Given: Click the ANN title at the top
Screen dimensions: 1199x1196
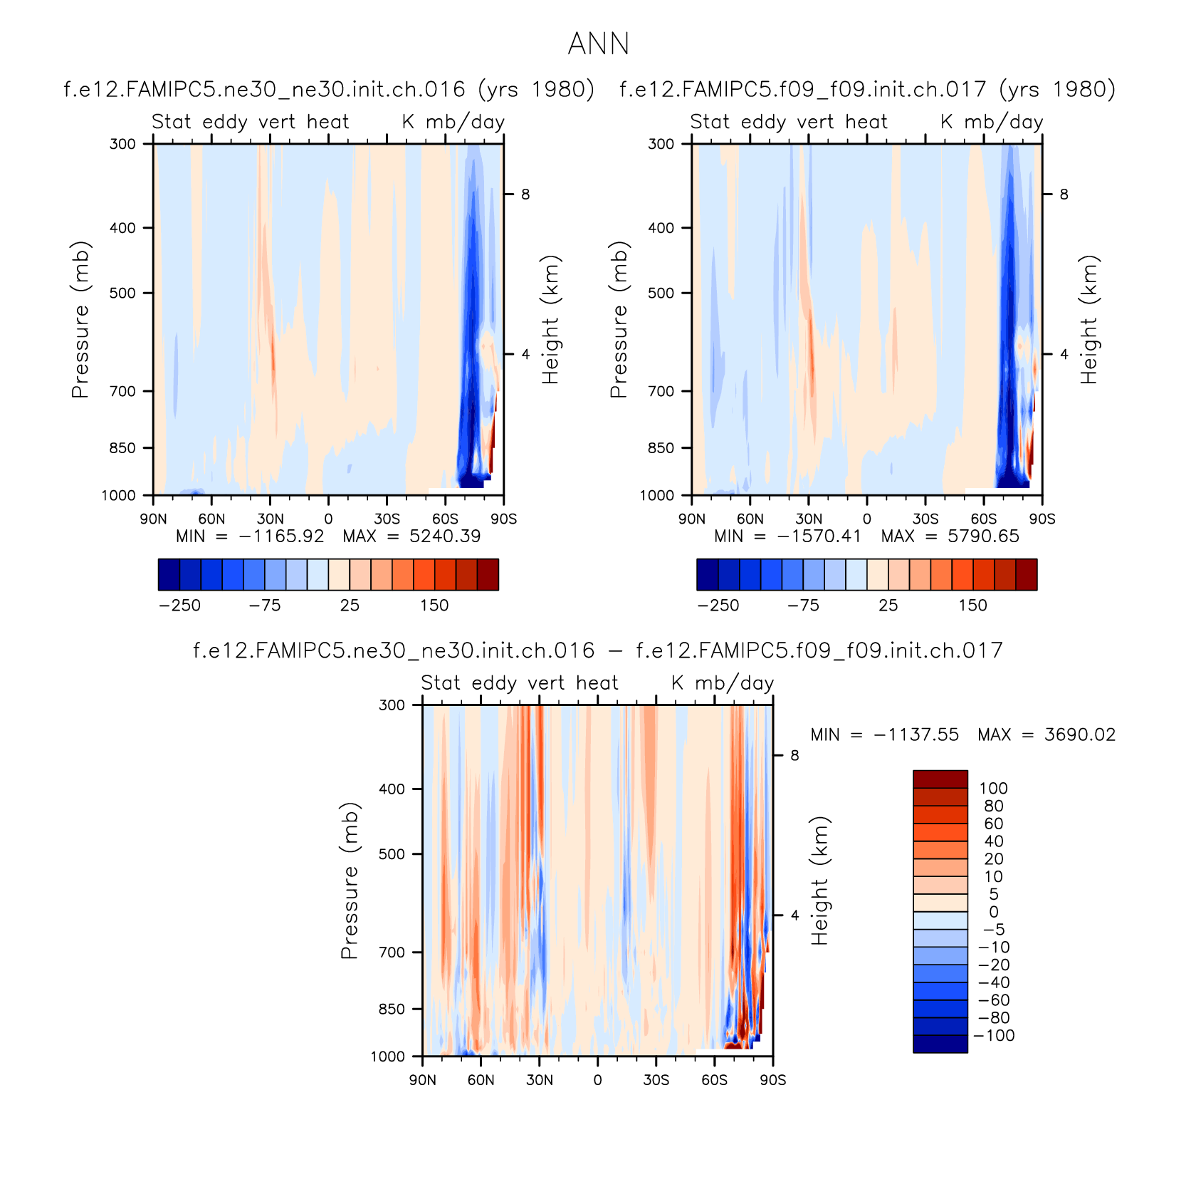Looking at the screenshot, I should pyautogui.click(x=598, y=44).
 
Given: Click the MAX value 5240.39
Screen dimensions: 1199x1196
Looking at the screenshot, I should pyautogui.click(x=445, y=536).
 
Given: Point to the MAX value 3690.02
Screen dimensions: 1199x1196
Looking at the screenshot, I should pyautogui.click(x=1080, y=735).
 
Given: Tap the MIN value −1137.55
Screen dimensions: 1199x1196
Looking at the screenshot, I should pyautogui.click(x=916, y=735).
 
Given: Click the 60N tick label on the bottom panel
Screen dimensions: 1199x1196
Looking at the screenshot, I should pyautogui.click(x=481, y=1080).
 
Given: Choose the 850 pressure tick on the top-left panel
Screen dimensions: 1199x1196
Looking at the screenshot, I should pyautogui.click(x=122, y=448).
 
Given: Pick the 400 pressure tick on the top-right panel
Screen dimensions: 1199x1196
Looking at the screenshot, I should pyautogui.click(x=661, y=228).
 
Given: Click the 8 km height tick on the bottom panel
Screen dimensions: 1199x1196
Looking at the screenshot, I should pyautogui.click(x=794, y=755).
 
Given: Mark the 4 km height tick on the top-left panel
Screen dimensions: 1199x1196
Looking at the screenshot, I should pyautogui.click(x=525, y=354).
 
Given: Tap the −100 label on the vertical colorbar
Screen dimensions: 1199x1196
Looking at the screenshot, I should pyautogui.click(x=994, y=1036).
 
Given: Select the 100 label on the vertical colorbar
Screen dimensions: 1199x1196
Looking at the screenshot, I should pyautogui.click(x=993, y=789).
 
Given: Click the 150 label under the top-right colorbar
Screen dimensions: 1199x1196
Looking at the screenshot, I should pyautogui.click(x=972, y=606).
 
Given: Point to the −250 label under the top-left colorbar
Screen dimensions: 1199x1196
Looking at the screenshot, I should pyautogui.click(x=179, y=606).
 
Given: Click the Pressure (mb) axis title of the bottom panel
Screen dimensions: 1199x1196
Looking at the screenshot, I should pyautogui.click(x=350, y=881).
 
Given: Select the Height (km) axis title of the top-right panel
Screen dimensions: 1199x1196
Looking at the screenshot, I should pyautogui.click(x=1089, y=319).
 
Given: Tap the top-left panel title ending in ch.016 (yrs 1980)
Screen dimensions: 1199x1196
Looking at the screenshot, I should pyautogui.click(x=329, y=90).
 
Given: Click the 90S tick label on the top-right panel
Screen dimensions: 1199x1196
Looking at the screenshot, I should pyautogui.click(x=1042, y=519).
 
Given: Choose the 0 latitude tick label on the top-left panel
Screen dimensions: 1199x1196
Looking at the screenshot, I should pyautogui.click(x=328, y=519).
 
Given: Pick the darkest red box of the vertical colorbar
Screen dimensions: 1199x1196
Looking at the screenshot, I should pyautogui.click(x=940, y=779).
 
